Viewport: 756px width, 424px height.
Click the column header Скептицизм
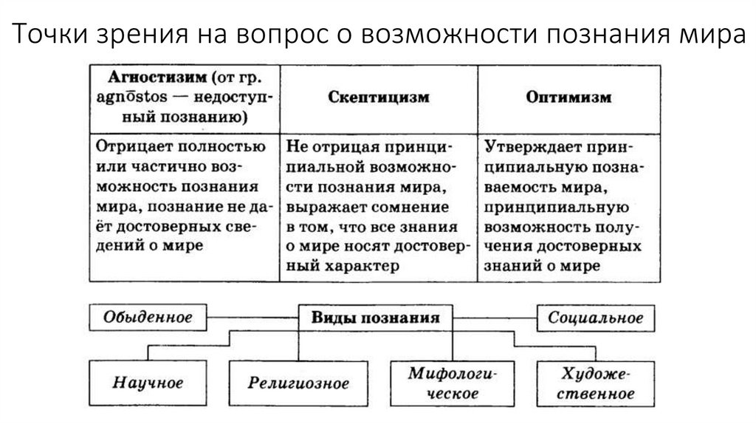coord(379,97)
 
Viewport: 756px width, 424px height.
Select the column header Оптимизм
coord(568,97)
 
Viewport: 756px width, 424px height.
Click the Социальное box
coord(595,318)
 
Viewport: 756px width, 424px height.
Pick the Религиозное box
coord(298,383)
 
